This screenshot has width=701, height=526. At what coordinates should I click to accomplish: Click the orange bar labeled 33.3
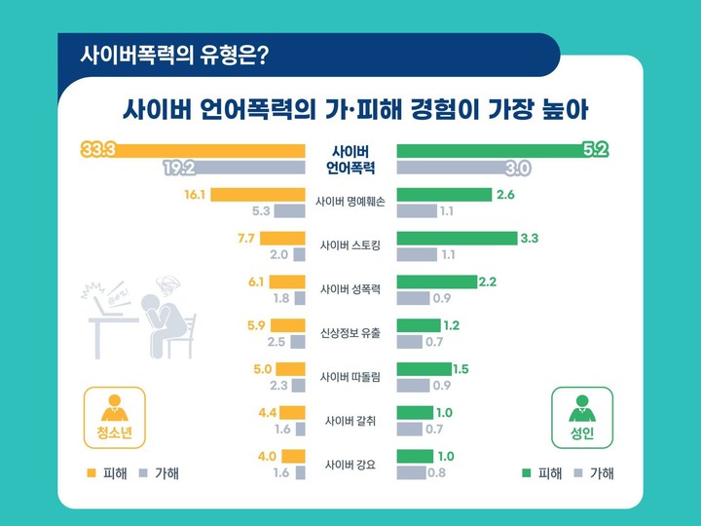click(x=195, y=150)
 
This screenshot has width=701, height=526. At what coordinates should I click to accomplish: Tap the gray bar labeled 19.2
click(x=234, y=168)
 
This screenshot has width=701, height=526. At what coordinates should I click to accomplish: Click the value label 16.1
click(x=194, y=195)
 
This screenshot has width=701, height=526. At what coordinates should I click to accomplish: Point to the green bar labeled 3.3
click(x=457, y=238)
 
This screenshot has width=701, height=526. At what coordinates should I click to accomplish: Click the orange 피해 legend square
click(x=91, y=473)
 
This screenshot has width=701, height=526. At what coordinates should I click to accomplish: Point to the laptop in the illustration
click(x=106, y=302)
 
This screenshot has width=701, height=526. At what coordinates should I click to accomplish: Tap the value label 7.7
click(x=245, y=238)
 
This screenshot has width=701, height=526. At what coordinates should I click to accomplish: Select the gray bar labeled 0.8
click(x=411, y=473)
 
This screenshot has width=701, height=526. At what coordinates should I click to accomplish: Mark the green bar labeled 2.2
click(x=437, y=282)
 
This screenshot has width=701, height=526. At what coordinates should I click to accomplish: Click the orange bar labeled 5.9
click(x=287, y=325)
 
